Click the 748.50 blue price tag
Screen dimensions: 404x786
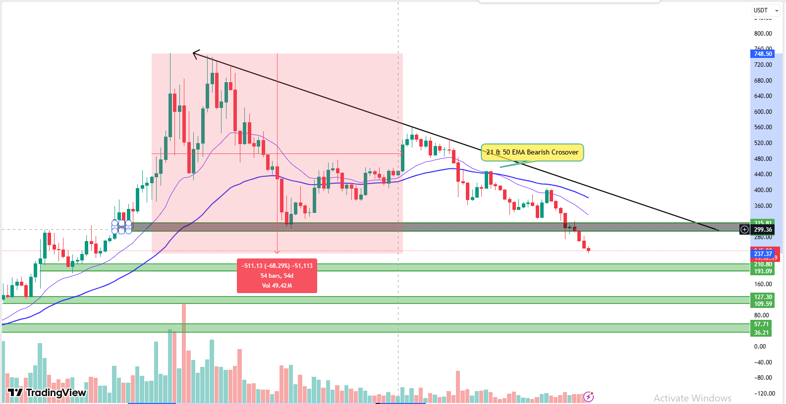[763, 53]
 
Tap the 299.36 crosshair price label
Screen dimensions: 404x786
[763, 229]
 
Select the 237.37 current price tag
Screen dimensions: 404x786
[763, 253]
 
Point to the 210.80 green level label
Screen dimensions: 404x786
[763, 264]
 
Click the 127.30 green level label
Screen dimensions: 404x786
[763, 297]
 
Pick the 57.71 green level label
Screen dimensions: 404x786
[762, 324]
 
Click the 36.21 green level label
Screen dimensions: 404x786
[762, 333]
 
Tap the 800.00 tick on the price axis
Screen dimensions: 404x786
[763, 34]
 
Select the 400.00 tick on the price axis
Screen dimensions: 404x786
[763, 190]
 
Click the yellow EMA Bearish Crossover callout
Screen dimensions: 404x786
[532, 152]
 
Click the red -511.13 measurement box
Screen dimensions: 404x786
[277, 276]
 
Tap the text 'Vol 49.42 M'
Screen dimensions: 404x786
[277, 286]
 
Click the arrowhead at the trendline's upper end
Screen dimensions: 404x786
[194, 53]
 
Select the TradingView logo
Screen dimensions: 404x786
[47, 393]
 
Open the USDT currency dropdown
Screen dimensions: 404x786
[766, 10]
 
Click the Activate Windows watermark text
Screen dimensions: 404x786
[692, 398]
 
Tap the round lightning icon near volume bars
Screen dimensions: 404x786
[588, 396]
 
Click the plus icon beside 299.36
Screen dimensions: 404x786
[744, 229]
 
